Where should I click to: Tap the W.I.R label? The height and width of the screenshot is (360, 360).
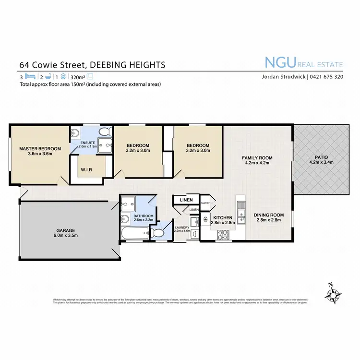(x=86, y=169)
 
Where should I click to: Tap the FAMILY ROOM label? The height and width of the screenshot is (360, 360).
(x=257, y=158)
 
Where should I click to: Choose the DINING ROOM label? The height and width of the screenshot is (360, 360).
(x=269, y=215)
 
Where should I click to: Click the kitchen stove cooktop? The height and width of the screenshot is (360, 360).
(x=223, y=235)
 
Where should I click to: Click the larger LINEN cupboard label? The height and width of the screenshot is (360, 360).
(x=186, y=200)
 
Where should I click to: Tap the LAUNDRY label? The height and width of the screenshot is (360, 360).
(x=182, y=227)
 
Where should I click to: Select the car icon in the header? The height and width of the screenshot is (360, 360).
(x=62, y=76)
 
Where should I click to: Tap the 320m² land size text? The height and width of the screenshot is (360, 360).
(x=77, y=76)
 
